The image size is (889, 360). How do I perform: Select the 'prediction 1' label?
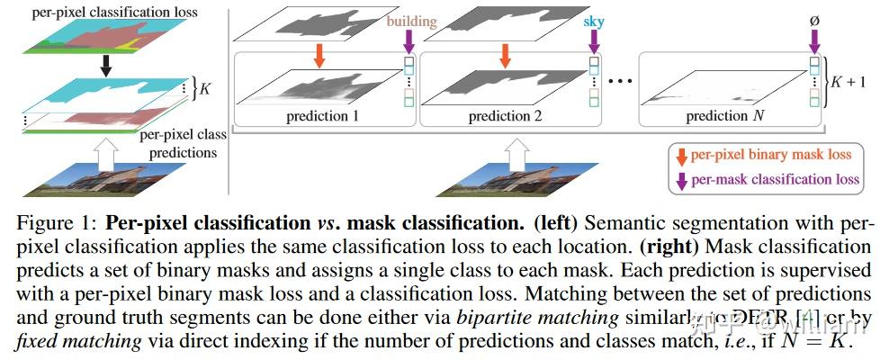tap(321, 116)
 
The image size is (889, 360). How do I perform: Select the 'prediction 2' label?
tap(504, 116)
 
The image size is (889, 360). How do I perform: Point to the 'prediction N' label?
tap(717, 116)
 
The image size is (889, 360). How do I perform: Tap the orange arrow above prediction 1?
tap(318, 56)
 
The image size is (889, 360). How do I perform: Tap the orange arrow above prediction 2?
tap(505, 56)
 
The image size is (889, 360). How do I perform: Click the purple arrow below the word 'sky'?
tap(594, 41)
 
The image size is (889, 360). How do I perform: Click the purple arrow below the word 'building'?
tap(409, 41)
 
